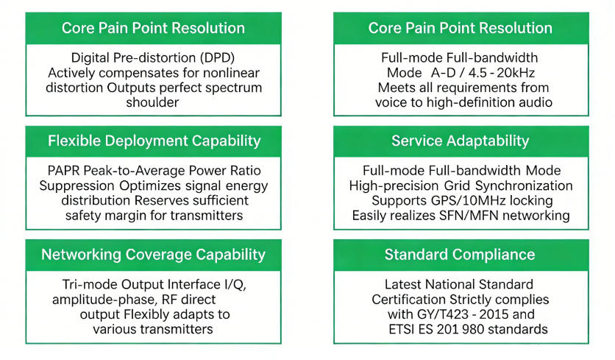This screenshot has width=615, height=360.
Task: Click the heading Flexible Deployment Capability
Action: (x=153, y=141)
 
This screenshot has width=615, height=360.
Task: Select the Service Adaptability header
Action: (x=460, y=141)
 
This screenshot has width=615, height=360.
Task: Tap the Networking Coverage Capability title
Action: (x=153, y=255)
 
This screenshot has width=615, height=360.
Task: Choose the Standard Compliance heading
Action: (x=460, y=255)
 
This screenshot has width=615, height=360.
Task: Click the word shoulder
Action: (x=153, y=102)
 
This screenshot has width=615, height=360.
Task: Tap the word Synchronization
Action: (x=519, y=186)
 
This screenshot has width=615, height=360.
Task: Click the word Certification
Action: (x=408, y=300)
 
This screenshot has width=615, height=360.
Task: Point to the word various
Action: (x=118, y=329)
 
